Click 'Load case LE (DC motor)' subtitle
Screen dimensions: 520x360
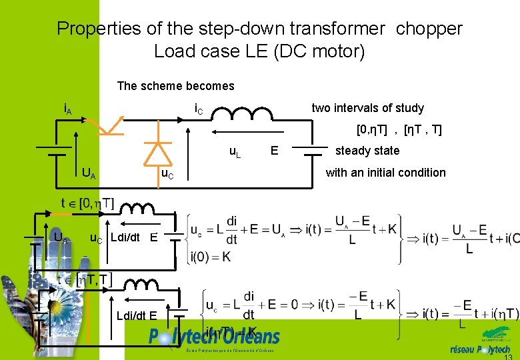[259, 51]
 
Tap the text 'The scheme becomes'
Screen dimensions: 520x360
[175, 85]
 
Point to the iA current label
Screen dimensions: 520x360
[67, 107]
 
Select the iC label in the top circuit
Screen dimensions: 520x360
[199, 108]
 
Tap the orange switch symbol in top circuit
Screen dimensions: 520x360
[106, 124]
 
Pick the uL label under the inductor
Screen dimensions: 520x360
[235, 153]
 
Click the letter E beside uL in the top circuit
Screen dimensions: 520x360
[273, 151]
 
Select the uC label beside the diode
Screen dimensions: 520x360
[167, 175]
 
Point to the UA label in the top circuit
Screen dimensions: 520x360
[88, 175]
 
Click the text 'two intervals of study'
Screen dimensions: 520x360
[367, 108]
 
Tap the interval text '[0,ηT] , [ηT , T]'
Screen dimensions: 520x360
[399, 129]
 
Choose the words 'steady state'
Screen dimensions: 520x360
[367, 151]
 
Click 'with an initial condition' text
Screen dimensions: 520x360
[385, 173]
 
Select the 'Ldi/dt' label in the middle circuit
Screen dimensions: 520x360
[125, 237]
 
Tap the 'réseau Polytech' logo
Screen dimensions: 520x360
[480, 347]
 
